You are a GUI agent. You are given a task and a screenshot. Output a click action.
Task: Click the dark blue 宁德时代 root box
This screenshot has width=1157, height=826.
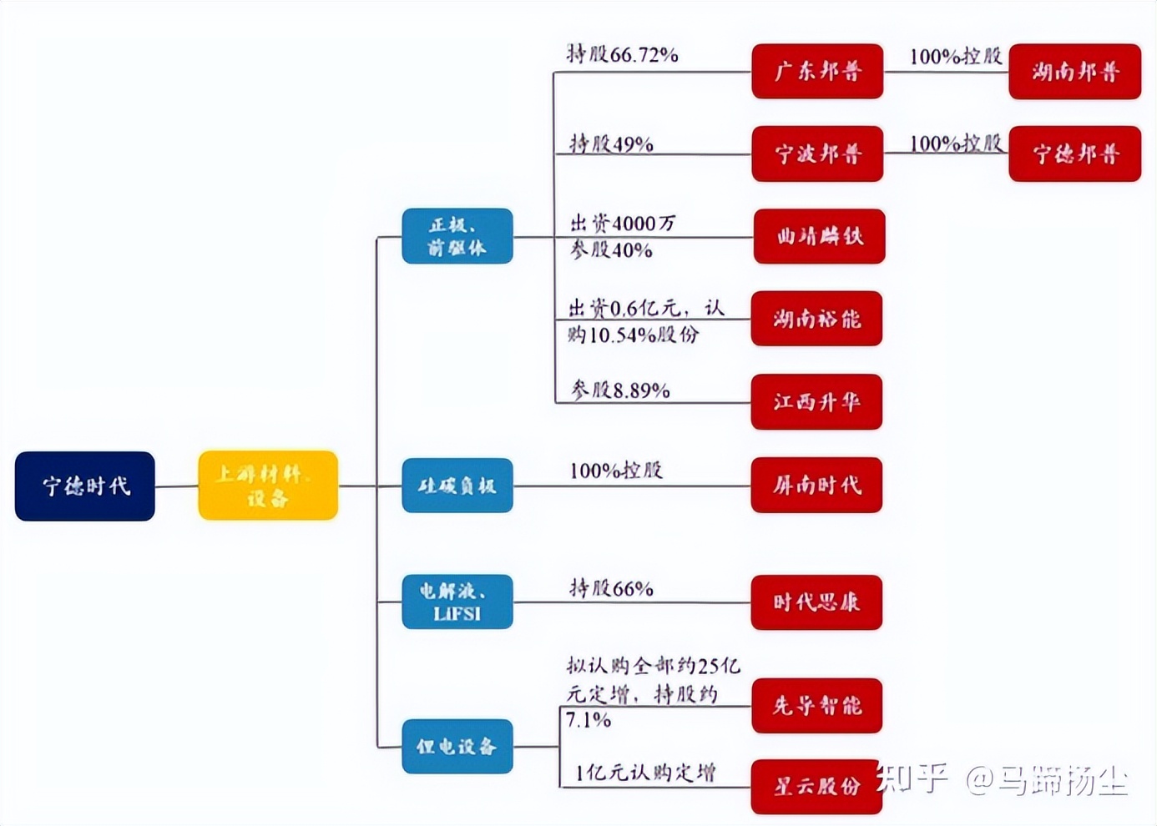(85, 486)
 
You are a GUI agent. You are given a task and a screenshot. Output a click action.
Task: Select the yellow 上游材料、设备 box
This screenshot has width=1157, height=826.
(268, 486)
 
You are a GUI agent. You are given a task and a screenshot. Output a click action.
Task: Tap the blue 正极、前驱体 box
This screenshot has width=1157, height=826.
(457, 236)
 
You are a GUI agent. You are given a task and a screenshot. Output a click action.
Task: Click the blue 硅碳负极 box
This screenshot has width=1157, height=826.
(457, 486)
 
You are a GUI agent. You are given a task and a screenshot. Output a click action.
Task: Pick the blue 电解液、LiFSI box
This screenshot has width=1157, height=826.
(457, 602)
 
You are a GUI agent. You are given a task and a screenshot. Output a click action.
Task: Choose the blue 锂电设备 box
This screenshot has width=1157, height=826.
(457, 746)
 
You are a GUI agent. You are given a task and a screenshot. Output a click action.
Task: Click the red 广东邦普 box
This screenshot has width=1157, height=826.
(817, 72)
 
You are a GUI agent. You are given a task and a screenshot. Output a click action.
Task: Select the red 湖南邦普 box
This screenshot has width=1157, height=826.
(1074, 72)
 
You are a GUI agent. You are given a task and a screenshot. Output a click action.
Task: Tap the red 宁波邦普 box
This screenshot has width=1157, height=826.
(817, 154)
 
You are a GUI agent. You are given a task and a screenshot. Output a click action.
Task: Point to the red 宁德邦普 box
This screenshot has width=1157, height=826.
(1074, 154)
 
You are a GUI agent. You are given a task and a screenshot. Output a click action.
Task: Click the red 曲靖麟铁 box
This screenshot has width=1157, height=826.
(819, 236)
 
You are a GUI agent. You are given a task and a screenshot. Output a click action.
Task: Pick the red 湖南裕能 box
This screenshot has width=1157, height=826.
(816, 319)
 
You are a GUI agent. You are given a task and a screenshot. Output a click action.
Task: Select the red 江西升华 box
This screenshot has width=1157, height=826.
(816, 402)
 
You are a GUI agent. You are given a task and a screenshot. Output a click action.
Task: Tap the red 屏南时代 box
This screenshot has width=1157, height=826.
(816, 485)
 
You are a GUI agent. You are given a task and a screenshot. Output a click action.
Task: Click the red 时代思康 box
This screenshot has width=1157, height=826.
(816, 602)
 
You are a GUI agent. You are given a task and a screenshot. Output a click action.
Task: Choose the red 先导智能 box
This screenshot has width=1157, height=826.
(816, 706)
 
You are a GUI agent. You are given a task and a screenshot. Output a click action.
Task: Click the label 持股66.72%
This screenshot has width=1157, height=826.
(623, 55)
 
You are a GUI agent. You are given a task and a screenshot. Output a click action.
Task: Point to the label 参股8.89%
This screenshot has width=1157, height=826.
(620, 390)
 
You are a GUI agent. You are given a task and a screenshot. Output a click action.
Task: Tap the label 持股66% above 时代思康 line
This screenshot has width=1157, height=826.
(611, 588)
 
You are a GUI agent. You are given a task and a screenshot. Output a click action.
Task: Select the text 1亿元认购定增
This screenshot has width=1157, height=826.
(644, 773)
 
